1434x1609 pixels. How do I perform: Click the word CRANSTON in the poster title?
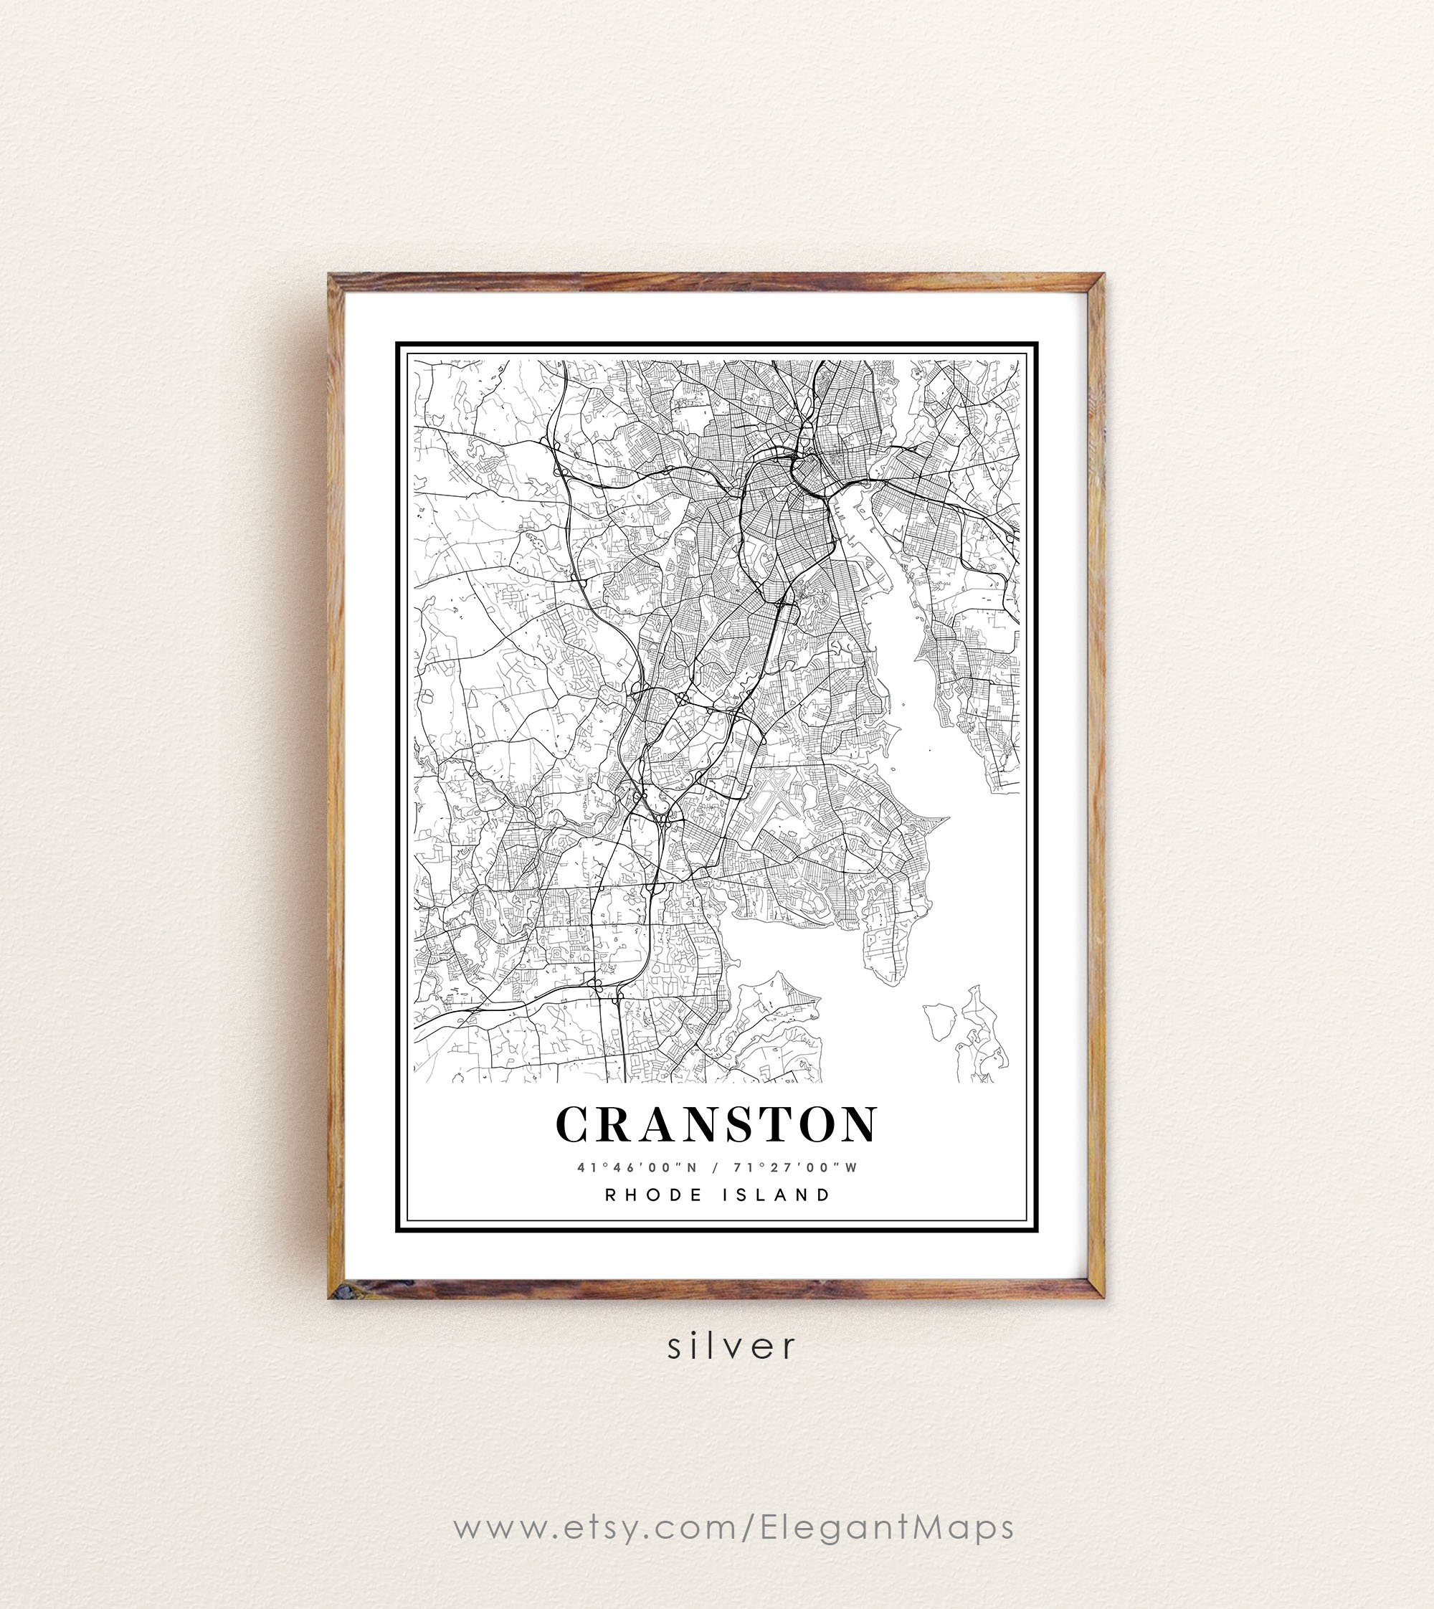[x=716, y=1124]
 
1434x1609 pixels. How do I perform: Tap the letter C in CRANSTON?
[x=574, y=1124]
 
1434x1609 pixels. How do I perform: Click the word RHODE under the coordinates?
[x=654, y=1195]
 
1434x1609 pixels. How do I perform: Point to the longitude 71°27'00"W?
[x=796, y=1168]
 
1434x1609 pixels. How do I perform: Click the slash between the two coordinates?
[x=715, y=1168]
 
